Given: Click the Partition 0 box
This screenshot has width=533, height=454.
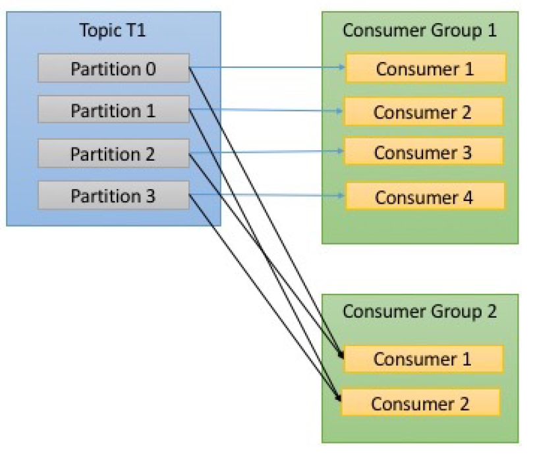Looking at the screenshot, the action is coord(113,68).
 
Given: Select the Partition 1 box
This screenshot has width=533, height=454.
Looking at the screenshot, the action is coord(113,109).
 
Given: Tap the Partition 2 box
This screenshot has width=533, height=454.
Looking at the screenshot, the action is coord(113,153).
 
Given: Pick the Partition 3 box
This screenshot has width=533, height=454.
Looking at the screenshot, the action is coord(113,195).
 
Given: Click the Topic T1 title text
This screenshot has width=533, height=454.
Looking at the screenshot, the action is coord(113,30).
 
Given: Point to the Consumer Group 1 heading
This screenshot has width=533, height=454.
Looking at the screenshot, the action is coord(420,30).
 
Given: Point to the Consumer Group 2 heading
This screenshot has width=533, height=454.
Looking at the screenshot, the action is coord(420,312).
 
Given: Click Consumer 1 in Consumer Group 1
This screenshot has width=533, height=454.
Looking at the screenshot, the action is coord(426,69).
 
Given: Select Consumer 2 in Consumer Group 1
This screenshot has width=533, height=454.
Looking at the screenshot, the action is coord(423,111).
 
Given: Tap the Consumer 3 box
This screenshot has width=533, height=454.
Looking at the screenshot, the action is coord(424,152).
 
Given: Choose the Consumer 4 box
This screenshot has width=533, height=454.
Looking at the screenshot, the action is coord(425,196).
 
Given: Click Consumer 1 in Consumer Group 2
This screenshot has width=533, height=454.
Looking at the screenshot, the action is coord(423,359).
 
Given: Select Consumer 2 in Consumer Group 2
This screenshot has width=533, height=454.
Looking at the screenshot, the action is coord(421,403).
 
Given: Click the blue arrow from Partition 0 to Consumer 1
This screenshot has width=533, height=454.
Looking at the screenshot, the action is coord(267,67).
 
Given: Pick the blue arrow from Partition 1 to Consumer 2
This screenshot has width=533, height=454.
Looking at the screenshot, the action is coord(266,110).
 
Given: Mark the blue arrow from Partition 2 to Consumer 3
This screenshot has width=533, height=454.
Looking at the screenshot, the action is coord(266,152).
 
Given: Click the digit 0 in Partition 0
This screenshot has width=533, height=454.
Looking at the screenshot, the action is coord(151,69).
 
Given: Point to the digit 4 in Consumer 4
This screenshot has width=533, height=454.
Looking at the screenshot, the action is coord(468,198).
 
